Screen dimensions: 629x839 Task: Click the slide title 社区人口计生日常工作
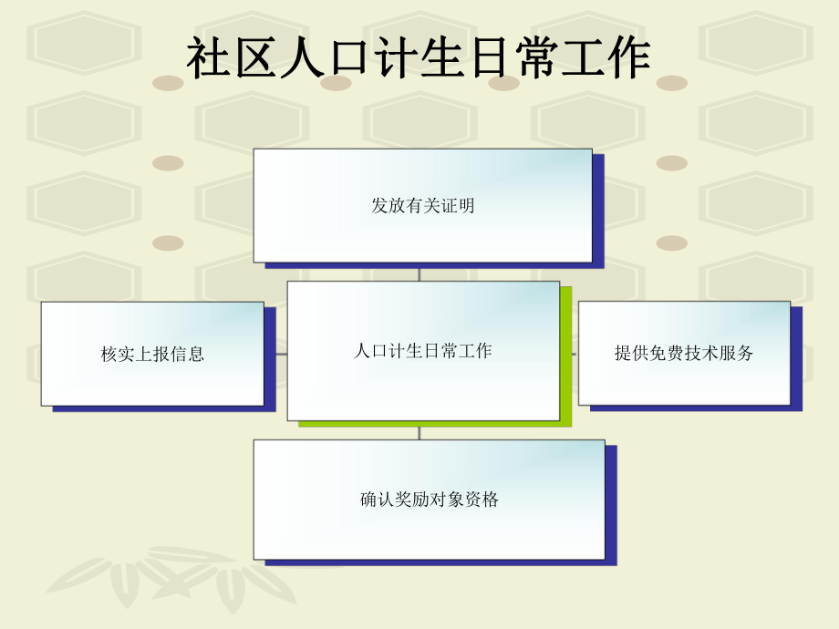pos(419,59)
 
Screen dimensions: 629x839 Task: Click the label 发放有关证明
pos(423,206)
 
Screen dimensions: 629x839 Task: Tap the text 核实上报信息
pos(152,355)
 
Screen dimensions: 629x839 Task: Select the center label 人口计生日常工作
pos(422,351)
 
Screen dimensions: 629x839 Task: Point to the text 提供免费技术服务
pos(684,354)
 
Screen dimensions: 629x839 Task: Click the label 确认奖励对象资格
pos(430,500)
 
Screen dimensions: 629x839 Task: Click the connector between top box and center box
pos(419,273)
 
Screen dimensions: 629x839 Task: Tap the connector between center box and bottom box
pos(419,431)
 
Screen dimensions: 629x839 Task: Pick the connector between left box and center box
pos(281,353)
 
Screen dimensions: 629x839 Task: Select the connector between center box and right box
pos(575,353)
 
